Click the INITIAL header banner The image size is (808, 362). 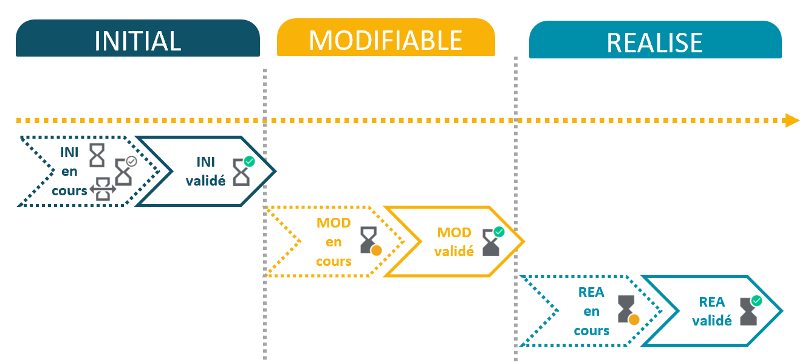(138, 38)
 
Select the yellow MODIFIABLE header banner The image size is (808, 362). (386, 37)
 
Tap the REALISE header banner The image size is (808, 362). (656, 40)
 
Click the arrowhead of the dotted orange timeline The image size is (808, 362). (792, 120)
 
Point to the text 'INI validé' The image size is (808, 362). (205, 171)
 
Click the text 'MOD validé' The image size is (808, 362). (454, 242)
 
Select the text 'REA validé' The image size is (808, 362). (712, 311)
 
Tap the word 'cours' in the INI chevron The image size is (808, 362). (69, 190)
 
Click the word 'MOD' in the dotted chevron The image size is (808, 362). (334, 223)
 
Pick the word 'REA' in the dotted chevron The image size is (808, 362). (591, 292)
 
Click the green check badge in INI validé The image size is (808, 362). (249, 161)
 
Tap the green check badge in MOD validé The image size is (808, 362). (499, 232)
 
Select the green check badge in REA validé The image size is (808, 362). (756, 301)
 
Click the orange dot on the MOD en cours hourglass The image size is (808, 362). (376, 251)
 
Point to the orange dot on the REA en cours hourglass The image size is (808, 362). (634, 319)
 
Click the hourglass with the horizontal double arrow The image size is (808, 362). (103, 189)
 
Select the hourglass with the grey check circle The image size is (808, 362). (124, 171)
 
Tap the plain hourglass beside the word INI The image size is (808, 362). (97, 155)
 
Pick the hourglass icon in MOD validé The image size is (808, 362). (491, 243)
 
